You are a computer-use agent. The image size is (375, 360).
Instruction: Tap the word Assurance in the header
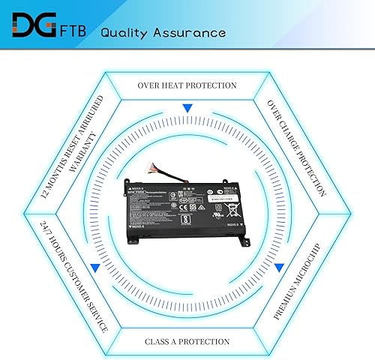point(191,33)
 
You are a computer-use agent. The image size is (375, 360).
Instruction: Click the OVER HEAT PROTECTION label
point(187,85)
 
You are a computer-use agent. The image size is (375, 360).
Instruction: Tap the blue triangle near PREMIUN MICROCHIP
point(279,266)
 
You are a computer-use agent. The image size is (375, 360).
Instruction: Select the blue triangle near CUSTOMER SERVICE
point(95,266)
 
